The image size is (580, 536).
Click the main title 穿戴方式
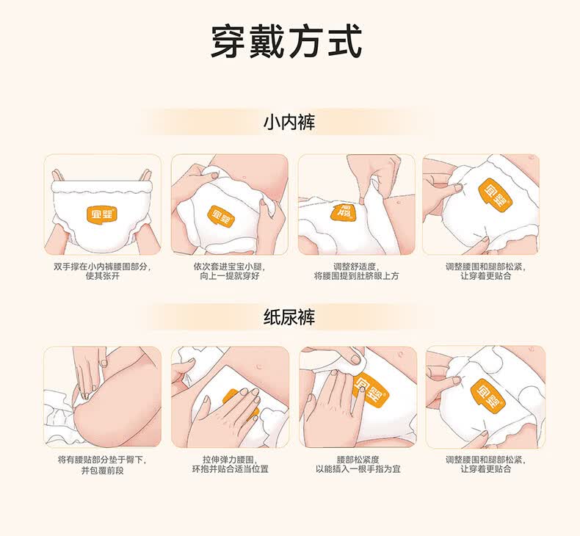coord(286,41)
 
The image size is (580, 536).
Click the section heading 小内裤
coord(289,123)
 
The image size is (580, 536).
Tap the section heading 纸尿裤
coord(289,317)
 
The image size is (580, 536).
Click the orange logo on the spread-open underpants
coord(102,213)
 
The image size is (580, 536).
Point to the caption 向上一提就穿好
coord(229,276)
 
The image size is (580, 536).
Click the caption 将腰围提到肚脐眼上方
coord(357,276)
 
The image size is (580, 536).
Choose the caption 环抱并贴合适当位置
coord(230,469)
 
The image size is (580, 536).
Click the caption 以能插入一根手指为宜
coord(358,469)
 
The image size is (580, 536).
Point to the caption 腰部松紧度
coord(358,460)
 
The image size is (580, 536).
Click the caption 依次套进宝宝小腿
coord(229,267)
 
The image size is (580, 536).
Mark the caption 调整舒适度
coord(357,267)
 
